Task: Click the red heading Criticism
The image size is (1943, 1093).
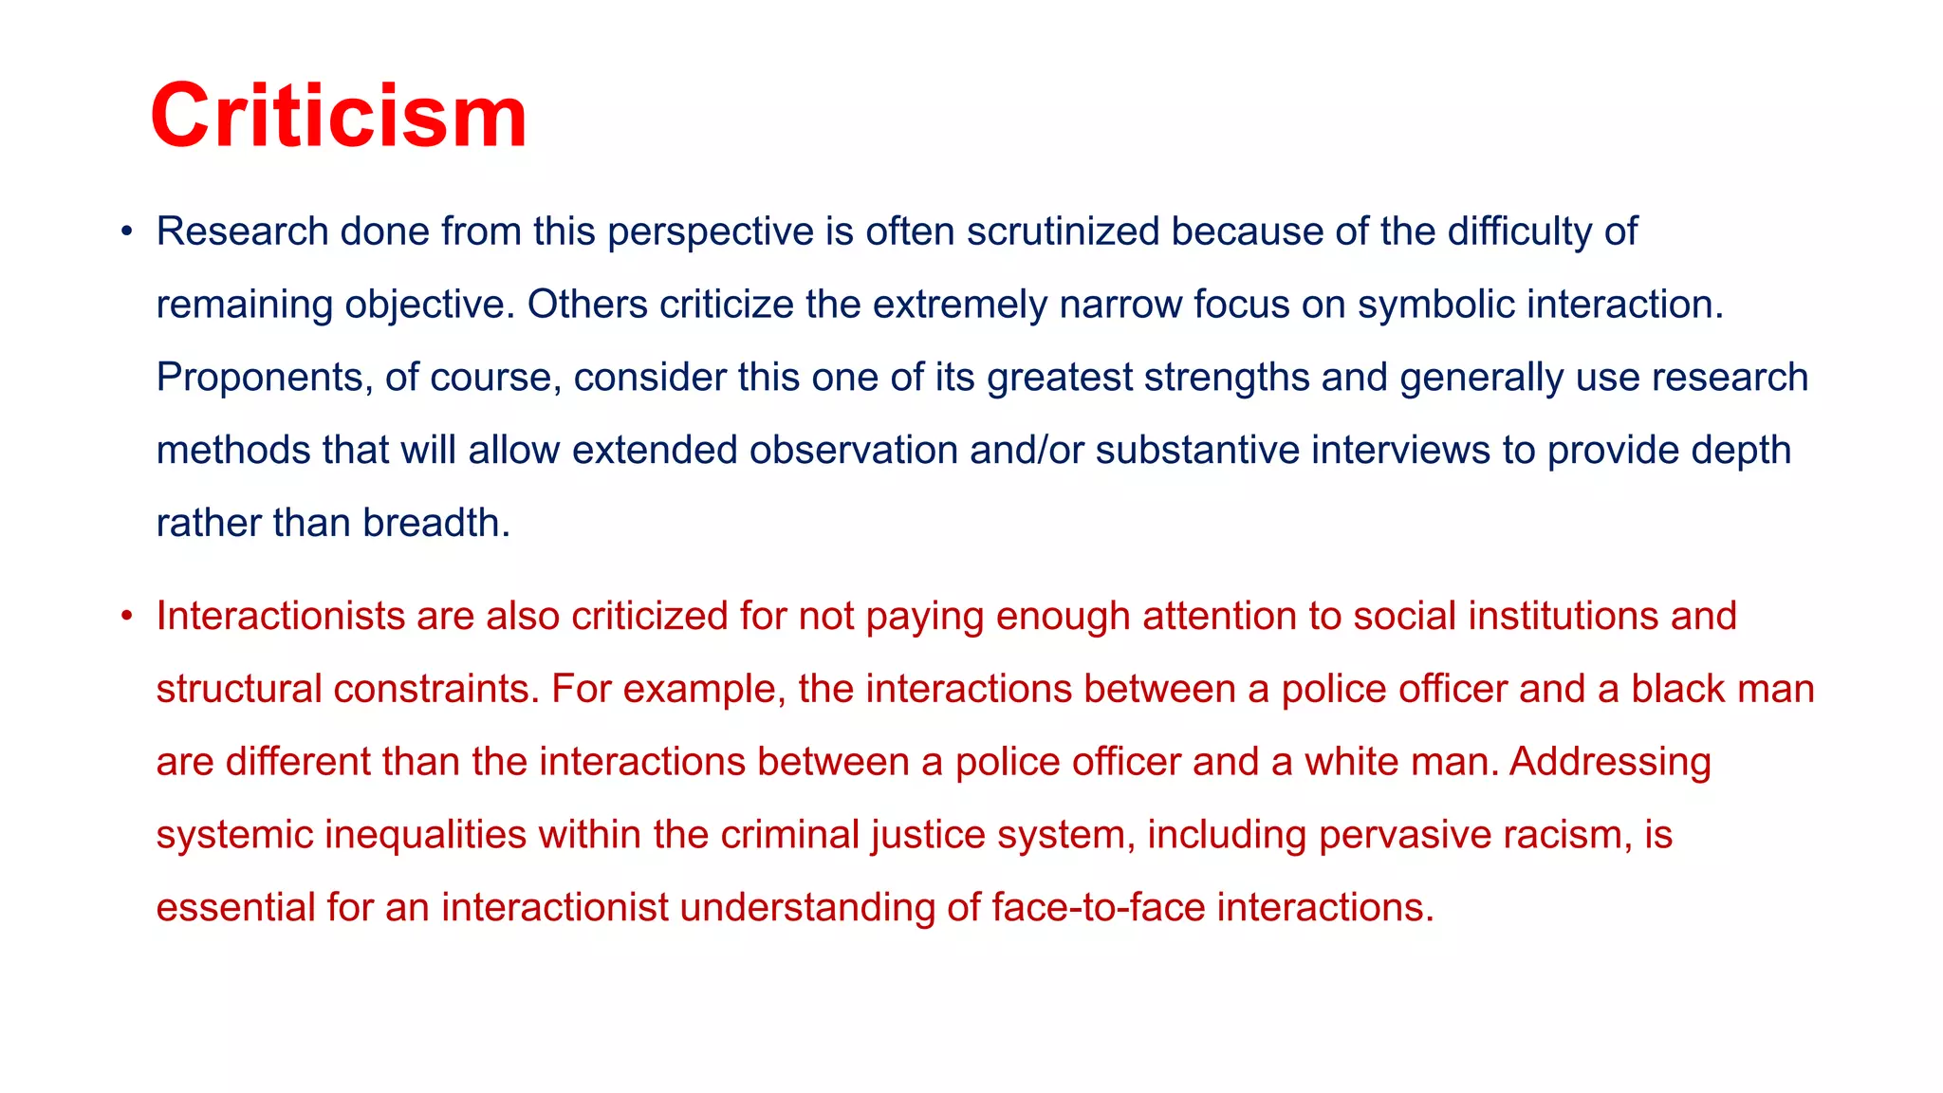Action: (x=338, y=116)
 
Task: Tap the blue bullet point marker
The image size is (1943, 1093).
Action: (x=126, y=232)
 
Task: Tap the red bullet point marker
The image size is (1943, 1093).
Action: (x=126, y=617)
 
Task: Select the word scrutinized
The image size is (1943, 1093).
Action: (x=1063, y=232)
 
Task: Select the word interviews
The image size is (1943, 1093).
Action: (x=1400, y=451)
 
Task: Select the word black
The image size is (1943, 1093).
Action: (x=1677, y=690)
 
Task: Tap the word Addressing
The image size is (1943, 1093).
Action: (x=1610, y=762)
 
